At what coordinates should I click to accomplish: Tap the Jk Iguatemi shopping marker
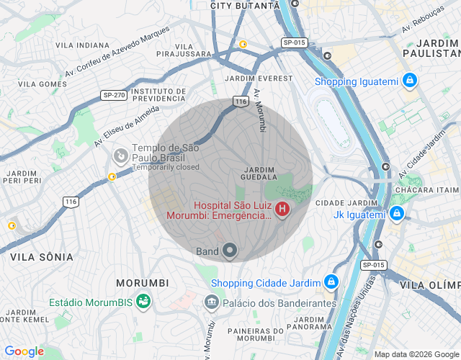(396, 214)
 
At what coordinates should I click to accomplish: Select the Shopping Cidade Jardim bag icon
(331, 282)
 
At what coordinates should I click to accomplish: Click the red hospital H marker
(282, 210)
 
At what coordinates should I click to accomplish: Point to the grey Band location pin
(230, 251)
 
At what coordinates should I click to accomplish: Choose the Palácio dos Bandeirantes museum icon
(211, 302)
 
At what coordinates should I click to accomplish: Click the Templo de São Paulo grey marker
(121, 154)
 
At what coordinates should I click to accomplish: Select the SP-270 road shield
(114, 94)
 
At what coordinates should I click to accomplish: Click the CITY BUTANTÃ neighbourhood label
(244, 5)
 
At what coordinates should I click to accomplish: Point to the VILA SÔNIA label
(42, 256)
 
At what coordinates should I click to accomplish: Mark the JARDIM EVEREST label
(259, 78)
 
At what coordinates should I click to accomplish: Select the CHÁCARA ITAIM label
(425, 189)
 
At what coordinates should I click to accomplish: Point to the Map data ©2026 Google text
(416, 354)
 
